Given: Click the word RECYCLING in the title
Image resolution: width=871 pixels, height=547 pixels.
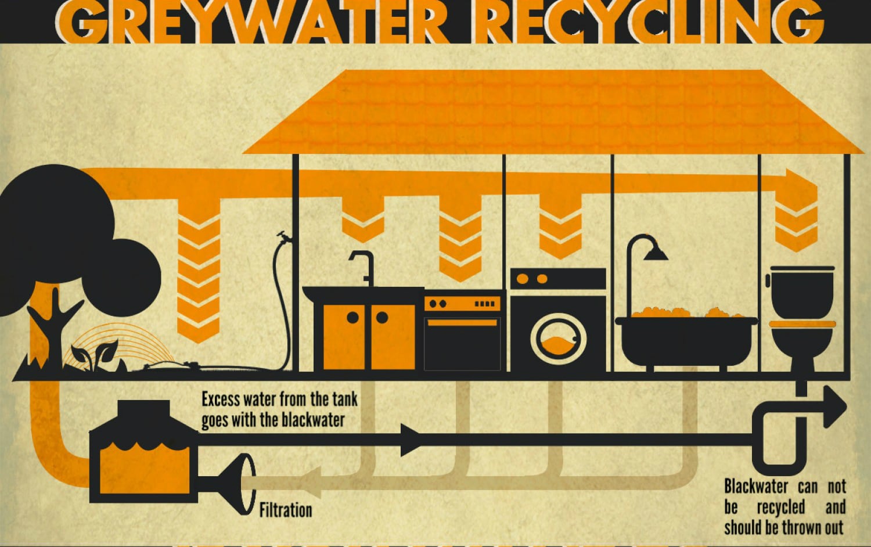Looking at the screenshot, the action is (649, 21).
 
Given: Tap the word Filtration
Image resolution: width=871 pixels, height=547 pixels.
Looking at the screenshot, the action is (286, 510).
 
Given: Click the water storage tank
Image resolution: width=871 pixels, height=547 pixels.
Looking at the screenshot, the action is (144, 452).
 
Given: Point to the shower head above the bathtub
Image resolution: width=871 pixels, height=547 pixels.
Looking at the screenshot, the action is (656, 253).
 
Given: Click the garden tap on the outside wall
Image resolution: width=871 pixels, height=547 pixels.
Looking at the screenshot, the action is (285, 237).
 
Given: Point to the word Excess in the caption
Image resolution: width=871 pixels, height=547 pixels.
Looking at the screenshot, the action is (221, 400).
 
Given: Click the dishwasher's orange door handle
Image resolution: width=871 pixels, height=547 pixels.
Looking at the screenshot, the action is (462, 323).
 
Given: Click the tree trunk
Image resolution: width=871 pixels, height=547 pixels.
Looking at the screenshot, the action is (55, 330).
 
